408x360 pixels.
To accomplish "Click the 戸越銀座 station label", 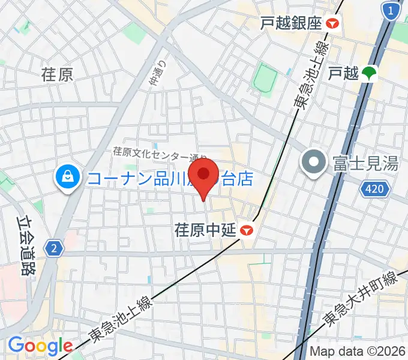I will pyautogui.click(x=291, y=23).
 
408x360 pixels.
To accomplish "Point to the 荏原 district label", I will pyautogui.click(x=57, y=74).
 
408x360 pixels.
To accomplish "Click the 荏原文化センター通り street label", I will pyautogui.click(x=160, y=154).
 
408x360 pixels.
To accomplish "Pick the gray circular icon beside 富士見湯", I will pyautogui.click(x=314, y=163).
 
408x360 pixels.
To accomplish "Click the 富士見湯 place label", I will pyautogui.click(x=365, y=163).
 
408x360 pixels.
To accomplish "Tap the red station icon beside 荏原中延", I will pyautogui.click(x=246, y=230).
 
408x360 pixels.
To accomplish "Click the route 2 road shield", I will pyautogui.click(x=54, y=247).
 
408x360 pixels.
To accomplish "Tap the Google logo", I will pyautogui.click(x=40, y=346).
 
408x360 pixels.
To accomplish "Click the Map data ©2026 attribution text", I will pyautogui.click(x=358, y=352).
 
